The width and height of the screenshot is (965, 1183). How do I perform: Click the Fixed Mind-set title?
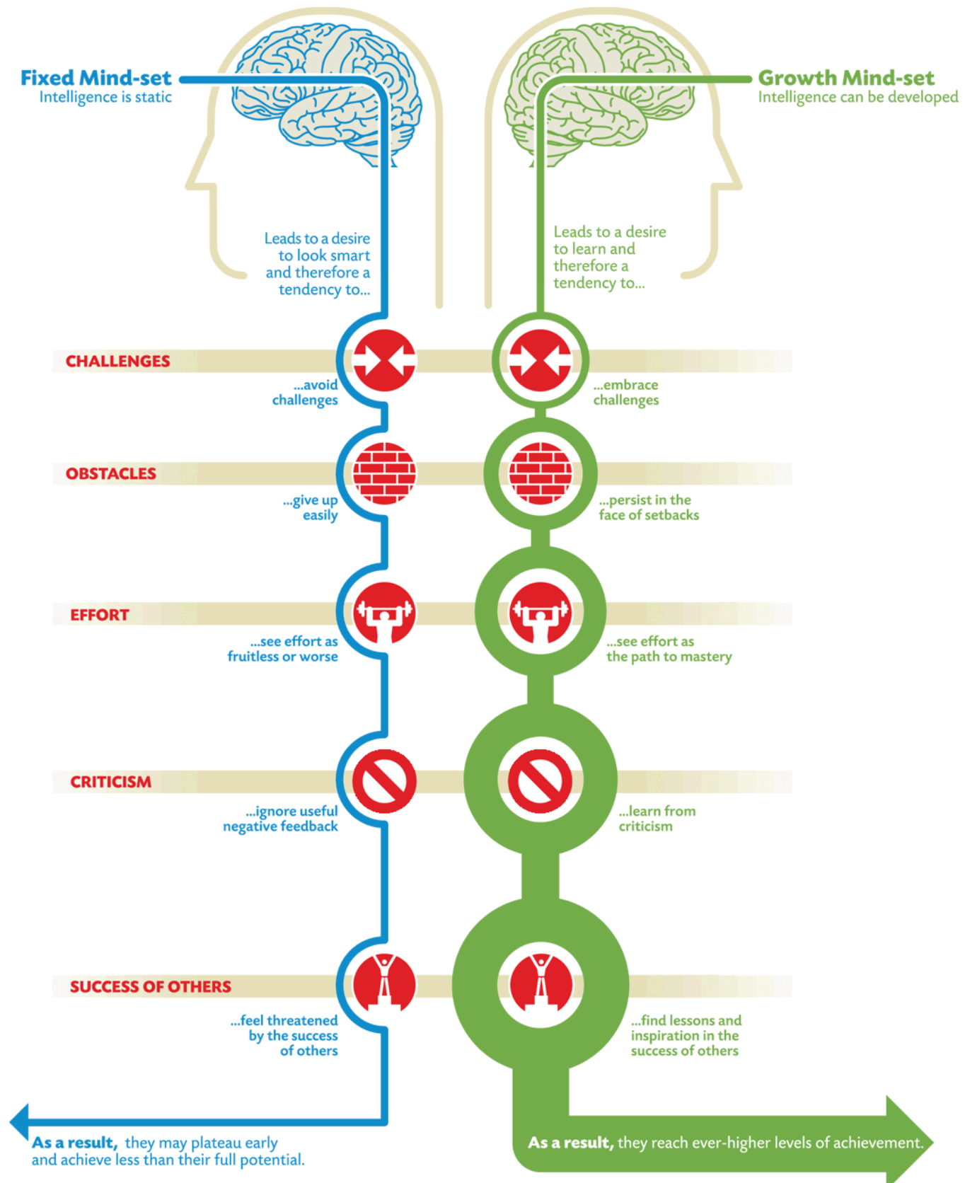[x=96, y=77]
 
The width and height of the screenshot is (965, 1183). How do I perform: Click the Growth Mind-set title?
[x=846, y=77]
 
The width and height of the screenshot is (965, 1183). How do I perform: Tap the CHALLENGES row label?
[x=117, y=361]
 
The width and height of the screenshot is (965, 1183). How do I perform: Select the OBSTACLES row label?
[x=111, y=473]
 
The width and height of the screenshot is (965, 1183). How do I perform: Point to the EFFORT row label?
[x=100, y=615]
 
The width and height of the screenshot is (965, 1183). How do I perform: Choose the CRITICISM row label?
[x=110, y=782]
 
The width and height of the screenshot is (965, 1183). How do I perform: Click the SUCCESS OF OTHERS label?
[x=150, y=986]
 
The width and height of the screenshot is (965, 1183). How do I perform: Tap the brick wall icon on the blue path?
[x=384, y=473]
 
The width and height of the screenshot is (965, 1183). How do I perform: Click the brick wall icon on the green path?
[x=541, y=473]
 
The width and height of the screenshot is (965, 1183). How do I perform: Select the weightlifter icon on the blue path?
[x=384, y=613]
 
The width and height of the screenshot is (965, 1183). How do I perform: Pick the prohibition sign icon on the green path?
[x=541, y=780]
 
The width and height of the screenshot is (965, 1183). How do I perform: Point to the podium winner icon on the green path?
[x=541, y=984]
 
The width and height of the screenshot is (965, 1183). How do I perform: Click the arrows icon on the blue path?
[x=384, y=360]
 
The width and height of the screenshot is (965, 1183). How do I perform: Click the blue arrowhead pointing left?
[x=19, y=1121]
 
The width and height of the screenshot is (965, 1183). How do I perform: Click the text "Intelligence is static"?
[x=105, y=97]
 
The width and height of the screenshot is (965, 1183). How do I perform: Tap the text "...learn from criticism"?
[x=657, y=819]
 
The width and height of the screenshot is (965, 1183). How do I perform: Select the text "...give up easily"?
[x=311, y=507]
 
